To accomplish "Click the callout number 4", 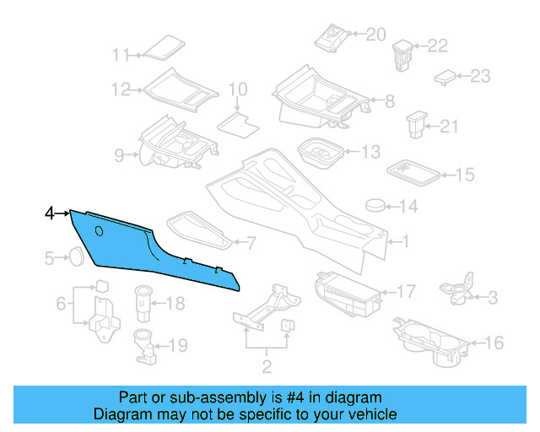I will tap(50, 214).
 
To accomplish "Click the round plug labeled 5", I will tap(76, 256).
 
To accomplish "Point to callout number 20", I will tap(375, 35).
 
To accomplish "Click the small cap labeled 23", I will tap(445, 78).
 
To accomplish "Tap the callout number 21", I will tap(449, 127).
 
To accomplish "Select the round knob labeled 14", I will tap(376, 204).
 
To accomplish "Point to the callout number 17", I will tap(406, 292).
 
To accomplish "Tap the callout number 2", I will tap(267, 366).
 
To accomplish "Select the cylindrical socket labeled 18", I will tap(143, 300).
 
